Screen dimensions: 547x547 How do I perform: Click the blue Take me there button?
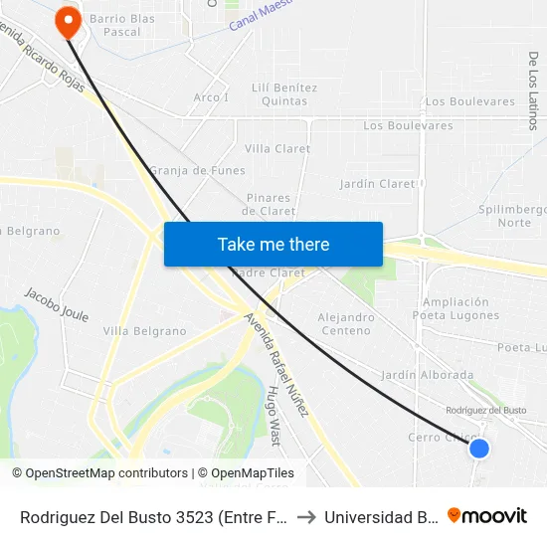click(273, 244)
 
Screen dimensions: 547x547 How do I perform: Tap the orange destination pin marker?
click(69, 21)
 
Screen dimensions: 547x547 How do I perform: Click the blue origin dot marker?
click(478, 448)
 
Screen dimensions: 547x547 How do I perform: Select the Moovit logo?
click(487, 515)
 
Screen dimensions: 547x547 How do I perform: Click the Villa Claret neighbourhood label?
click(277, 149)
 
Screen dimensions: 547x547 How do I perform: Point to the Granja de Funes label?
click(198, 170)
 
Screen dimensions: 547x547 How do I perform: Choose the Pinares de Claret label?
click(268, 204)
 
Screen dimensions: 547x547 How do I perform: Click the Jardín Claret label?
click(377, 184)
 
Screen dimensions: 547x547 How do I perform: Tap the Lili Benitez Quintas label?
click(285, 93)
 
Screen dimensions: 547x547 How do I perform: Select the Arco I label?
click(211, 97)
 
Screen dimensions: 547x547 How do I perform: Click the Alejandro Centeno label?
click(345, 323)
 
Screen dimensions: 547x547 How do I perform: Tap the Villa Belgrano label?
click(145, 331)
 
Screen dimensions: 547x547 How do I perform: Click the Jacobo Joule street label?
click(57, 305)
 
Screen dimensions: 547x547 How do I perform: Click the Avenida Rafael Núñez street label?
click(277, 364)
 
